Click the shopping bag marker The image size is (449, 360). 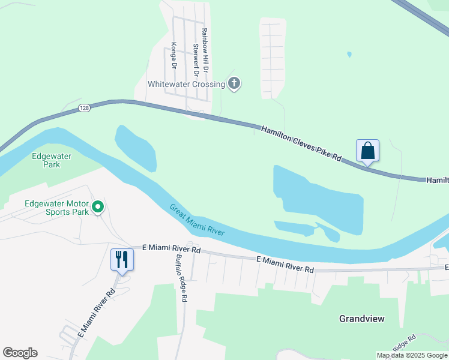coord(367,151)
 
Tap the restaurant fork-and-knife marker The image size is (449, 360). coord(122,260)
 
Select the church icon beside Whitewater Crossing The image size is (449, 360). coord(234,84)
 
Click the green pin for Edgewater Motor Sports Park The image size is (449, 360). coord(98,208)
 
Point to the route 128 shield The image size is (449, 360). coord(83,108)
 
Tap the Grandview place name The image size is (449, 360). coord(361,319)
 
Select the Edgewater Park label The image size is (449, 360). coord(52,160)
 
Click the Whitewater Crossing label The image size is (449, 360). coord(186,85)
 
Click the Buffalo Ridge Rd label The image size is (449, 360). coord(181,278)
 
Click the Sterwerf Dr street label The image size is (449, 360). coord(196,55)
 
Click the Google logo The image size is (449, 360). coord(20,353)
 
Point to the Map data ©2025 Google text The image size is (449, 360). coord(411,355)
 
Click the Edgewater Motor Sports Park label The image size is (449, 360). coord(56,207)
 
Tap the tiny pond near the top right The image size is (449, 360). coord(349,55)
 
